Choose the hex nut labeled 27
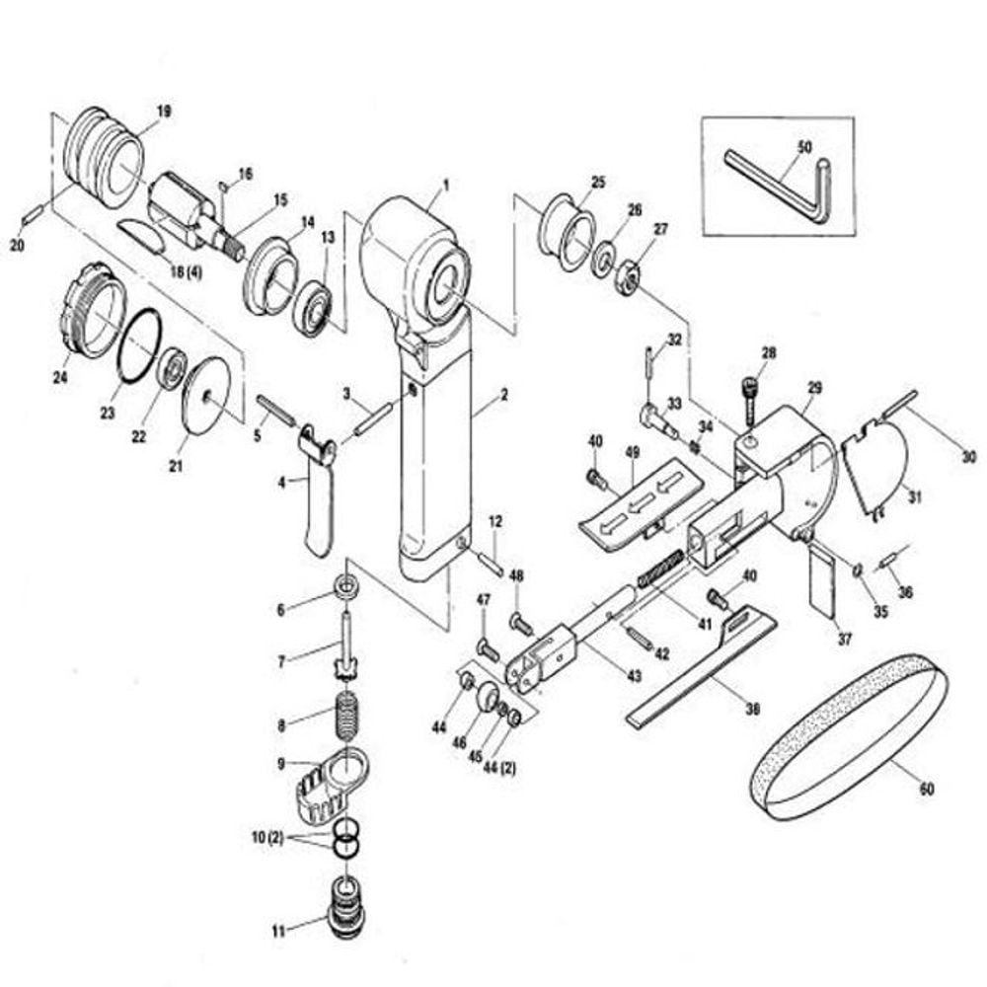point(628,275)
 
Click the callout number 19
point(164,113)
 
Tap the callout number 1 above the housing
point(446,186)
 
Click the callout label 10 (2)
point(267,838)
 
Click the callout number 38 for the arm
point(751,710)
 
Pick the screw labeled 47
point(489,649)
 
